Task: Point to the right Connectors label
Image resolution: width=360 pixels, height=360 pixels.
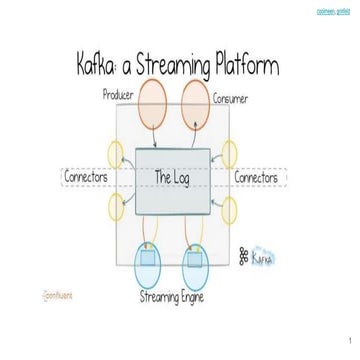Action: [263, 178]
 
